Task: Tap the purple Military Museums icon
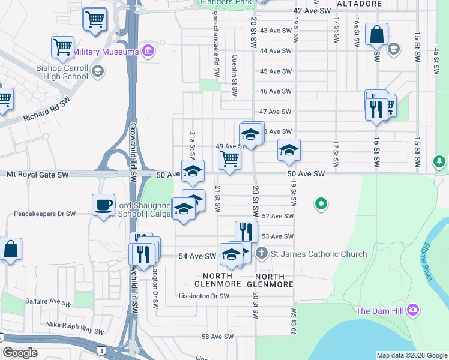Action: click(x=148, y=52)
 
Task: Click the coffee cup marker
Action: click(x=104, y=205)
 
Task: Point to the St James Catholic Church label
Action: click(x=319, y=254)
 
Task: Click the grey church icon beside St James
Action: click(x=261, y=254)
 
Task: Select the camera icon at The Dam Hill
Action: click(x=412, y=310)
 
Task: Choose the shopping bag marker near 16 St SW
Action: click(x=376, y=34)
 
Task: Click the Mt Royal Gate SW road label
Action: click(x=38, y=175)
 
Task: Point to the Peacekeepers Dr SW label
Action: click(x=45, y=214)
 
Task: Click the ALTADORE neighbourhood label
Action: click(x=359, y=4)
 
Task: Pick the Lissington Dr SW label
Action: click(x=204, y=296)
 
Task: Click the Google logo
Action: click(x=20, y=353)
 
